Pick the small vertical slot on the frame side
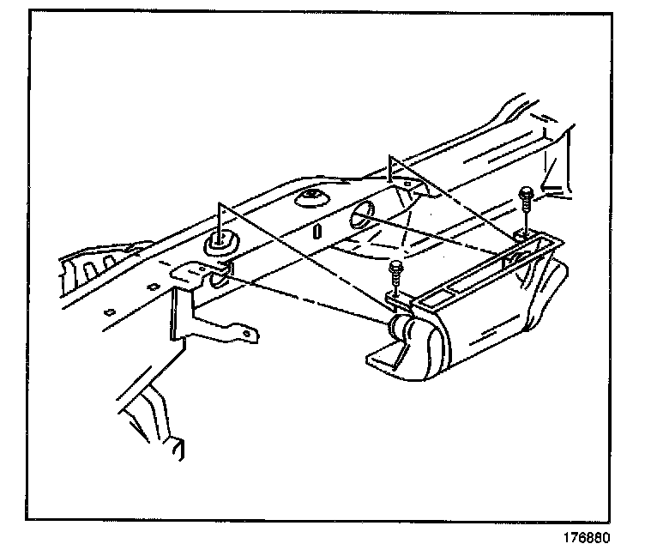[317, 231]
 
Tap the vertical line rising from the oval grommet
[220, 219]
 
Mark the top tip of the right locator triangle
[391, 156]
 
